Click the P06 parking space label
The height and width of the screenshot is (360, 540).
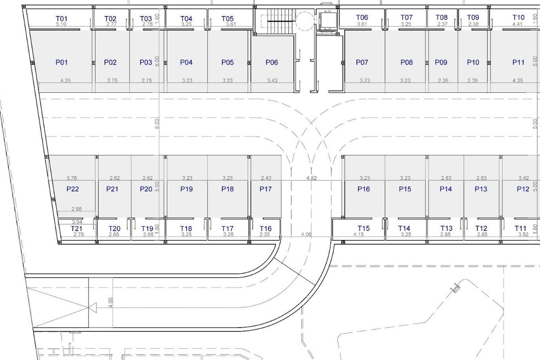[x=272, y=63]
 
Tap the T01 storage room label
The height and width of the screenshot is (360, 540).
[x=62, y=18]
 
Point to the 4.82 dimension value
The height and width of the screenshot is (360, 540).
[x=311, y=178]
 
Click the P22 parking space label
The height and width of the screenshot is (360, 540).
[x=72, y=189]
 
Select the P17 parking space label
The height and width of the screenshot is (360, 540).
[x=265, y=189]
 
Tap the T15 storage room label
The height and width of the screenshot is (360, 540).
[x=363, y=228]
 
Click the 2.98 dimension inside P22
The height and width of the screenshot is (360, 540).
[x=76, y=209]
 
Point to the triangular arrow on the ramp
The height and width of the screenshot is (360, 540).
[x=93, y=308]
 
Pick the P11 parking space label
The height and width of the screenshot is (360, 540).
[x=518, y=63]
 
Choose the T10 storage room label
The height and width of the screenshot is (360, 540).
[x=518, y=18]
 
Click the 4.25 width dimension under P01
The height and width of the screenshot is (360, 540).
[x=65, y=80]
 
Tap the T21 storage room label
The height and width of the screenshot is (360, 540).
[x=76, y=228]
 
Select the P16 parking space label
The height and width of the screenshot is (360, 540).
[x=364, y=189]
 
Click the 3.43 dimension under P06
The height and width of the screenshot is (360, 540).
[x=272, y=80]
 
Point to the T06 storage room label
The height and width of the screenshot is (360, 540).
[x=362, y=18]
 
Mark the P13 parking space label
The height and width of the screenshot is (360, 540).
[x=481, y=189]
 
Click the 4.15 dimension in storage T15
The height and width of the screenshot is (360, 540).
[x=359, y=234]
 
